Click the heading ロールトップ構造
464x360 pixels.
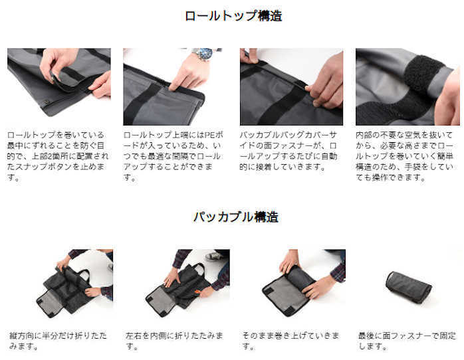click(233, 16)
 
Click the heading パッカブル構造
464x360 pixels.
click(235, 217)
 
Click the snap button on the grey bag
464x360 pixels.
click(46, 102)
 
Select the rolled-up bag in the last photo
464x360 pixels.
click(408, 286)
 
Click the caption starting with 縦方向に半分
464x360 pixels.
click(58, 341)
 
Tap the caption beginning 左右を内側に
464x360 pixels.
click(174, 341)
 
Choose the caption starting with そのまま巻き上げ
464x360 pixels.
click(290, 341)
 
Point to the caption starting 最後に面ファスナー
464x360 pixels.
click(407, 341)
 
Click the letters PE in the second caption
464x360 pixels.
click(210, 135)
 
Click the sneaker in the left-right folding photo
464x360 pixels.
click(214, 256)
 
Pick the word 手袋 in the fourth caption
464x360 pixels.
click(413, 167)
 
